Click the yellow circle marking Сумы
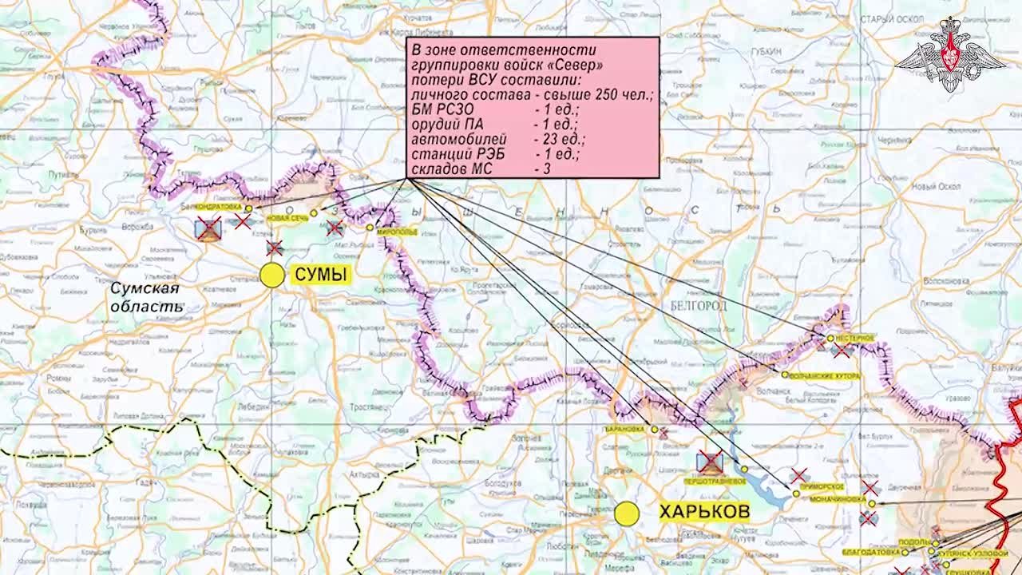(x=272, y=275)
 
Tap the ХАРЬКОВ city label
(x=703, y=512)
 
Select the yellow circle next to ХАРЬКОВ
(x=627, y=514)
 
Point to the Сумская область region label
(x=145, y=297)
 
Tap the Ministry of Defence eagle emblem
(x=949, y=56)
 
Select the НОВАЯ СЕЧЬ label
(x=287, y=218)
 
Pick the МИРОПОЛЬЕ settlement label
(x=397, y=231)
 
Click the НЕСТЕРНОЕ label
(x=856, y=339)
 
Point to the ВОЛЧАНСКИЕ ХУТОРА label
(x=824, y=375)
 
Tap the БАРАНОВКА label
(x=624, y=429)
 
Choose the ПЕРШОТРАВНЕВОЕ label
(x=714, y=482)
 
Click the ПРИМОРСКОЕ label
(x=822, y=486)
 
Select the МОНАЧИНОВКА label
(x=838, y=499)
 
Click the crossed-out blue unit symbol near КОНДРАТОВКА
(x=208, y=230)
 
